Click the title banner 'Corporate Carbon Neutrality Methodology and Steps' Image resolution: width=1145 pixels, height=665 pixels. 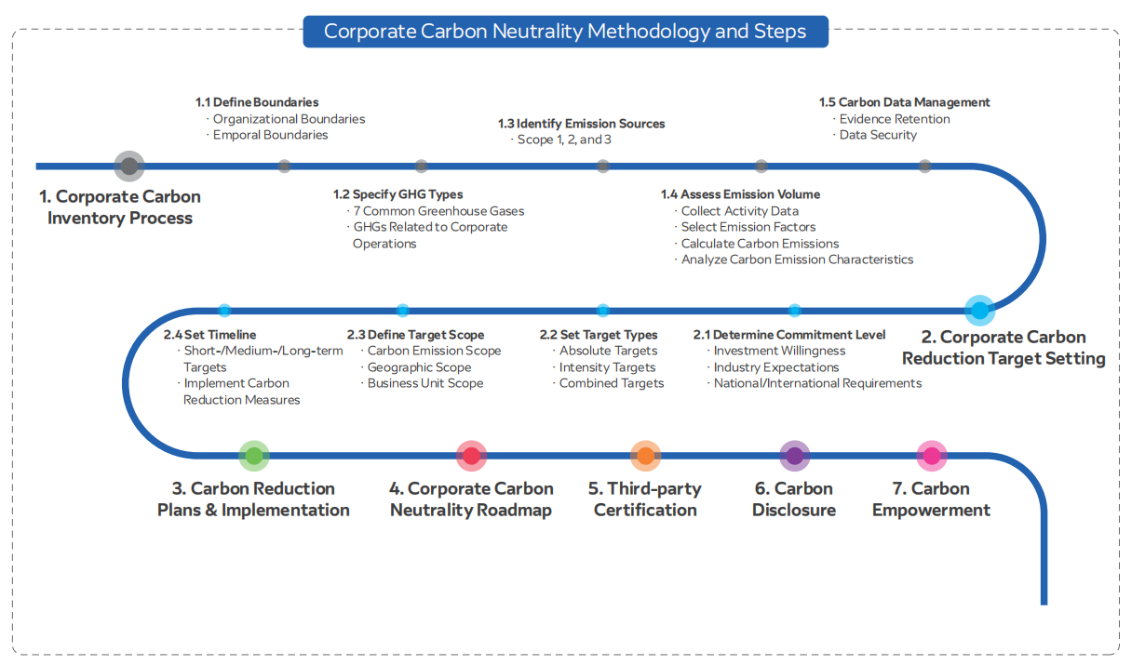point(565,32)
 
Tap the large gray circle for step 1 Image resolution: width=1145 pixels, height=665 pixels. point(129,166)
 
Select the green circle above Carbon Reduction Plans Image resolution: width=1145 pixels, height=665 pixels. point(253,456)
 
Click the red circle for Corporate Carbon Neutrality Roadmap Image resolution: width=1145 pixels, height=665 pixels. point(472,456)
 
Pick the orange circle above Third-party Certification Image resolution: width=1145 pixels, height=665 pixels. point(645,456)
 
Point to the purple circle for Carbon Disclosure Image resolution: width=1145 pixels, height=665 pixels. point(794,456)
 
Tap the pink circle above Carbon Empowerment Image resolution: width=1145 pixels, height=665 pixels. point(931,456)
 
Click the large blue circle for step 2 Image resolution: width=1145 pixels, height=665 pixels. point(979,310)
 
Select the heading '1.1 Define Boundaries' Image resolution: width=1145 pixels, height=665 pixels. point(257,102)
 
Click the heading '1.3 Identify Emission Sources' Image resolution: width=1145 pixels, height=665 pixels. point(582,124)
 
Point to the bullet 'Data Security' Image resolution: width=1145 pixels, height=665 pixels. point(878,135)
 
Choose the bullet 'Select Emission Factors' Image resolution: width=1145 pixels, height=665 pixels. point(748,227)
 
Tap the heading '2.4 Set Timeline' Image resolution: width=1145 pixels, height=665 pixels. point(209,335)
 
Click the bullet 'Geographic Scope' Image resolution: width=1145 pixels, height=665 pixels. point(419,367)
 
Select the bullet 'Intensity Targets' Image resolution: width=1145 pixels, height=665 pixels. point(607,367)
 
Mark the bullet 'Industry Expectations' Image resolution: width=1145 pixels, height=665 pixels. point(776,367)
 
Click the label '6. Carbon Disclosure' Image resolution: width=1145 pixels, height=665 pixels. point(794,499)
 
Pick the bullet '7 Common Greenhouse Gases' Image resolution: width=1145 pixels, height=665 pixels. point(438,211)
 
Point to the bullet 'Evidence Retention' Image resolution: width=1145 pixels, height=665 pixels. point(895,119)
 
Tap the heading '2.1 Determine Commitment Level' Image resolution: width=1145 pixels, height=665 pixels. point(789,335)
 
